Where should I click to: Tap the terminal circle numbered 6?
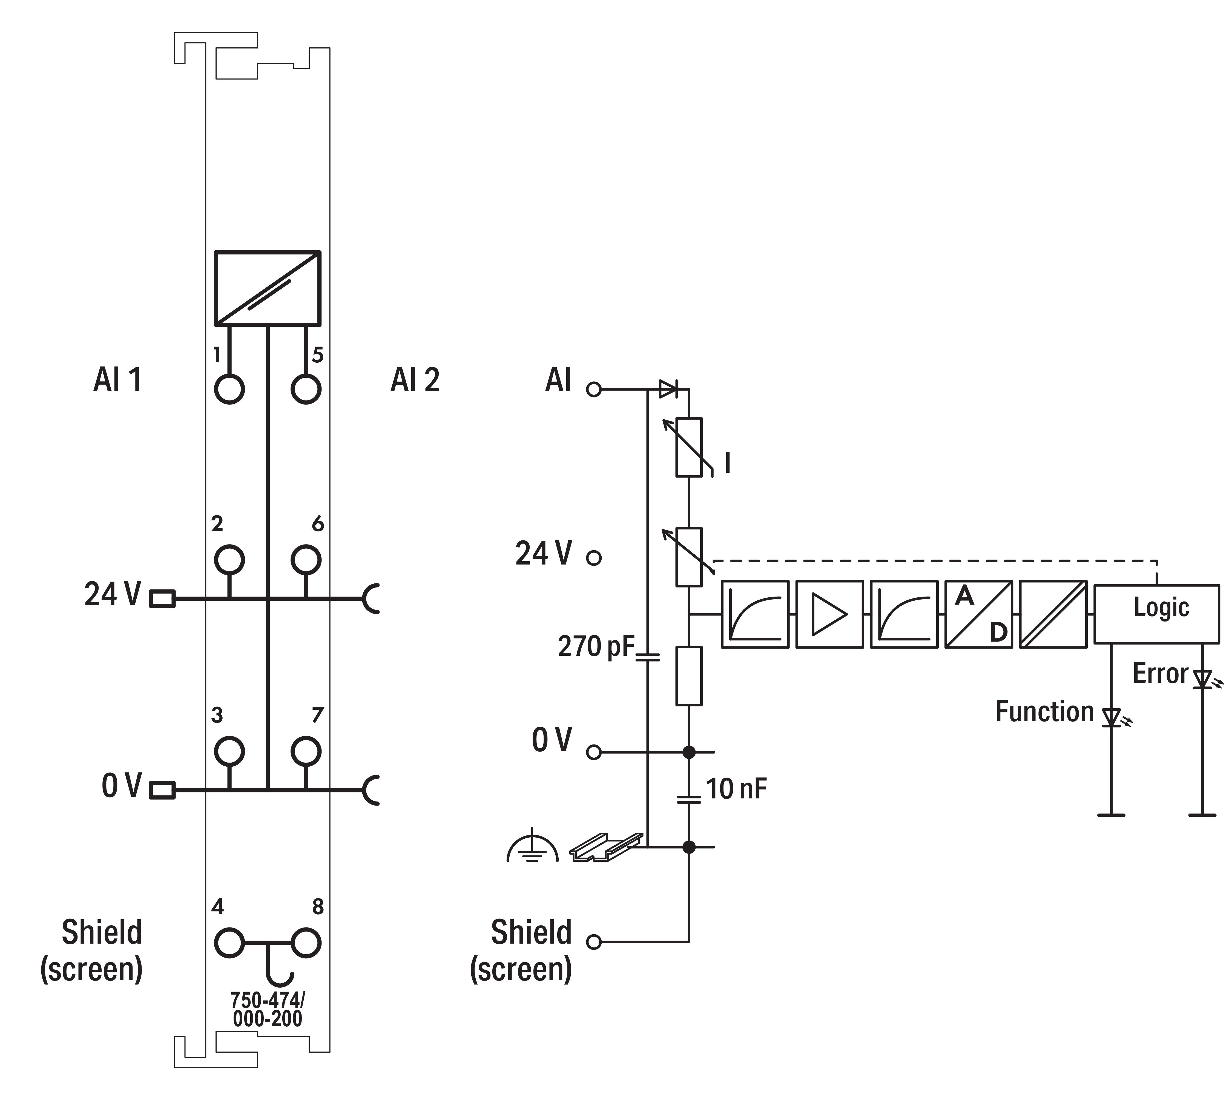click(x=306, y=560)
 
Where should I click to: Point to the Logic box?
click(x=1156, y=614)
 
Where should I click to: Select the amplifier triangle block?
click(x=829, y=614)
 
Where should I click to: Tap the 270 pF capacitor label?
click(x=596, y=646)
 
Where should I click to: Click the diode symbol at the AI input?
click(x=668, y=389)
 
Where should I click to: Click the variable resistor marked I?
click(x=689, y=447)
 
